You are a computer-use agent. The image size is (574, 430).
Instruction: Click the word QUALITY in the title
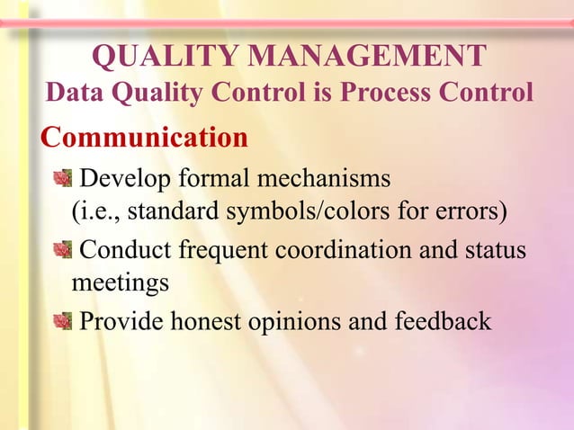pos(166,57)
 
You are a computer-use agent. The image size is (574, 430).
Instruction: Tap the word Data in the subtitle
pos(75,93)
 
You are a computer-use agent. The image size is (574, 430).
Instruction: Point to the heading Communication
pos(144,138)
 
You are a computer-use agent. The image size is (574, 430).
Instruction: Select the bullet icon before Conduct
pos(61,249)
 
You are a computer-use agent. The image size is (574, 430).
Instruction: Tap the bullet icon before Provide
pos(61,320)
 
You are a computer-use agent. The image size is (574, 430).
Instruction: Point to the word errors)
pos(472,212)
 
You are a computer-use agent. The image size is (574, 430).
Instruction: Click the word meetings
pos(120,283)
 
